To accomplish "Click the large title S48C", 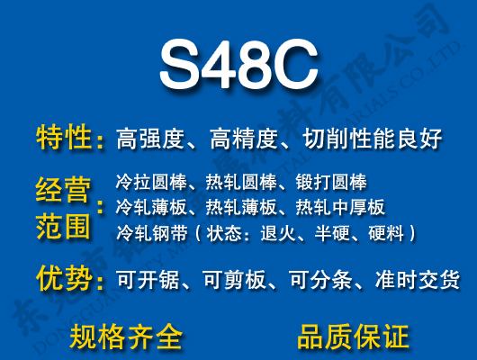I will coord(238,64).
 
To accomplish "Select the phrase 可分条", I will coord(321,281).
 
